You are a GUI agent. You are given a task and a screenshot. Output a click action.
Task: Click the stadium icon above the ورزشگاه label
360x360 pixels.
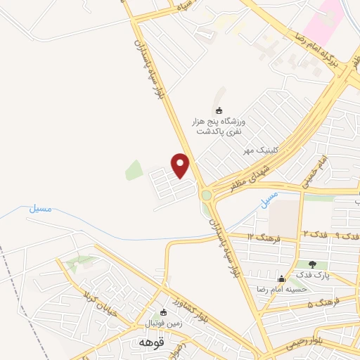click(218, 110)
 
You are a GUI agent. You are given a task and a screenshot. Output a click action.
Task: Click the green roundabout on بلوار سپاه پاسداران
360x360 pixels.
click(206, 195)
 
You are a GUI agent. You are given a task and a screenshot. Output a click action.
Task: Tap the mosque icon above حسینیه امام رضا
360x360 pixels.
click(282, 278)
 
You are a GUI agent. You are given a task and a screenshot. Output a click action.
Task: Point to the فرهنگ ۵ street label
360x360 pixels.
click(324, 303)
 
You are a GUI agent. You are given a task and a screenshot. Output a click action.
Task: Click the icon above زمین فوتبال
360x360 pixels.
click(163, 312)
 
